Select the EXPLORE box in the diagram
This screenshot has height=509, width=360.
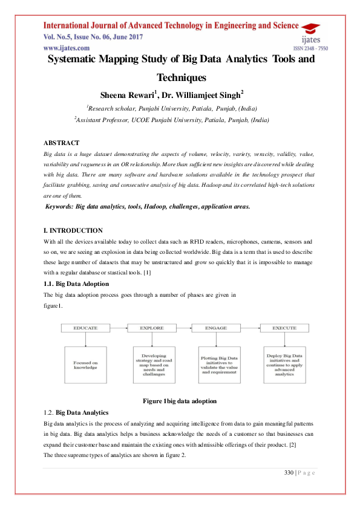click(151, 328)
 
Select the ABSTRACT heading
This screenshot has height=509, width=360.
click(61, 143)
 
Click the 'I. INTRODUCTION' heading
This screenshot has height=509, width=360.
click(73, 230)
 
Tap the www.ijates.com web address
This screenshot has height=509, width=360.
click(67, 47)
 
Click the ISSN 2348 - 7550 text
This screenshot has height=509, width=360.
click(310, 48)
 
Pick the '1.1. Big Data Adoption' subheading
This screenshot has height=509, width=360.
click(76, 284)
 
